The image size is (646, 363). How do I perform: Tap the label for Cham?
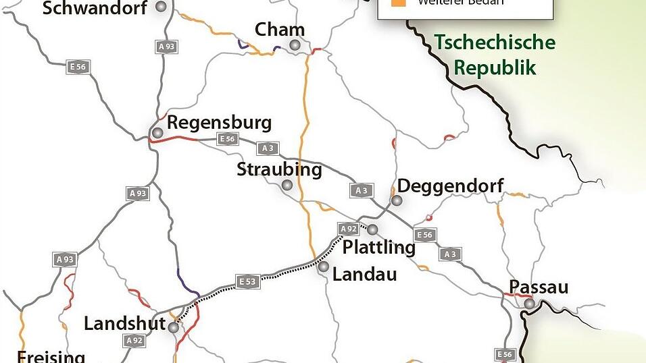[279, 30]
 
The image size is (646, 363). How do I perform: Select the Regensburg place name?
[219, 123]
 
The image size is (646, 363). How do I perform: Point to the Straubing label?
[279, 169]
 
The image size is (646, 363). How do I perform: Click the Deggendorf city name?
[450, 186]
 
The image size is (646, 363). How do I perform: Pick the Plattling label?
[378, 247]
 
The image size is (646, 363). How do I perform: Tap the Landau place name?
[365, 274]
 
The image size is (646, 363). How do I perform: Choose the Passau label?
[539, 287]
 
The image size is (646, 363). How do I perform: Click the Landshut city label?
[124, 324]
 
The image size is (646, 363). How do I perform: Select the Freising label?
[51, 356]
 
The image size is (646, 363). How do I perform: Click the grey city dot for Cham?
[295, 45]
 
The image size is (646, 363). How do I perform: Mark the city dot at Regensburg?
[157, 133]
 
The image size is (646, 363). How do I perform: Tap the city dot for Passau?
[529, 304]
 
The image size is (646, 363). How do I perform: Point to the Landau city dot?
[324, 267]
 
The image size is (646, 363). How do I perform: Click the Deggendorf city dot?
[397, 200]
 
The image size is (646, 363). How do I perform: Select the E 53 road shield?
[247, 281]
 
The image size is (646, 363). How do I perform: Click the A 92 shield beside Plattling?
[348, 229]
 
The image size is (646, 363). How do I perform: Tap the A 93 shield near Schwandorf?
[166, 47]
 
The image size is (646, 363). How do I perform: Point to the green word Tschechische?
[495, 43]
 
